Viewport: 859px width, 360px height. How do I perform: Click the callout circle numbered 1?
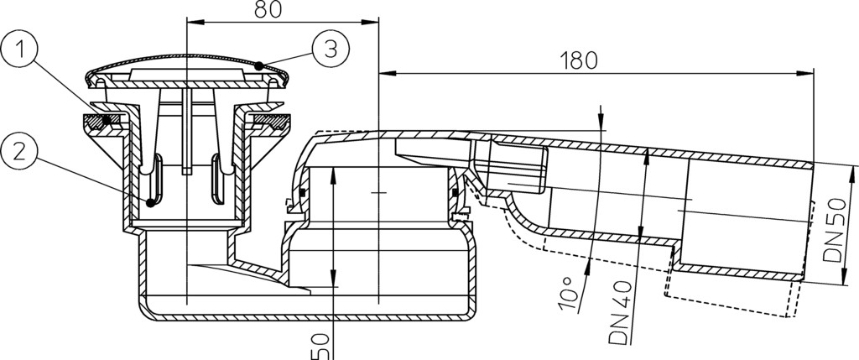coord(19,50)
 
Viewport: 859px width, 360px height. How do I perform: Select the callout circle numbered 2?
coord(19,153)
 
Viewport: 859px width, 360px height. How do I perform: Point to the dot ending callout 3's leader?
coord(258,65)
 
